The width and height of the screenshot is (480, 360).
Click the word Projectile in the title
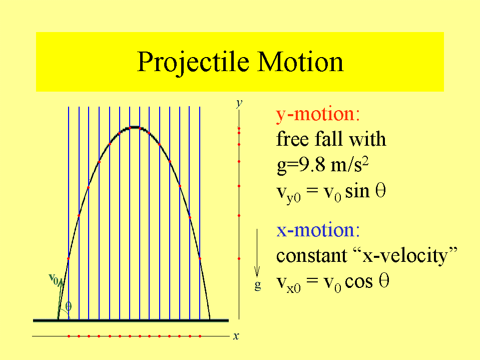click(193, 63)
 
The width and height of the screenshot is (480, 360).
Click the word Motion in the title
click(300, 62)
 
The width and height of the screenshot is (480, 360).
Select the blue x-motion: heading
click(318, 230)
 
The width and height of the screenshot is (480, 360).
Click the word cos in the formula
click(359, 281)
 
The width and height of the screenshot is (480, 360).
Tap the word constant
click(312, 255)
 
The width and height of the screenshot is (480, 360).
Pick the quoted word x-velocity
click(405, 256)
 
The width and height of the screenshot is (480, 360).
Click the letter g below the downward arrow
click(258, 285)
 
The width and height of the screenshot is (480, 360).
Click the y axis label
click(239, 104)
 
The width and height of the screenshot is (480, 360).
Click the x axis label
click(236, 336)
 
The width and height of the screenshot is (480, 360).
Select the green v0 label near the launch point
click(54, 279)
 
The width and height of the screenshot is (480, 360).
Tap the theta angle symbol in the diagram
click(68, 306)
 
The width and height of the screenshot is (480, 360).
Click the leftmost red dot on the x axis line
click(69, 336)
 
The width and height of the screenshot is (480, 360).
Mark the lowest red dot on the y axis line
click(239, 259)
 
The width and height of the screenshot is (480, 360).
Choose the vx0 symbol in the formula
click(288, 284)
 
